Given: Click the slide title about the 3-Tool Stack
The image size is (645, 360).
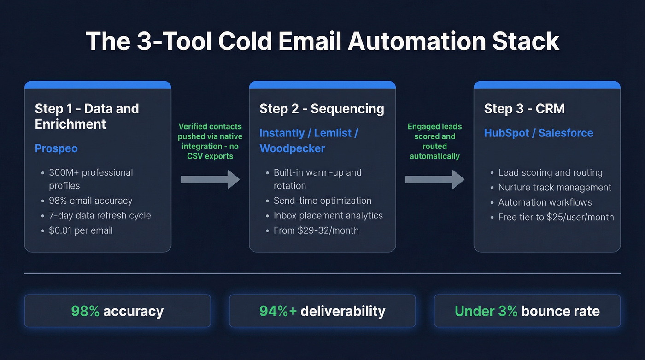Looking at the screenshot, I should point(322,41).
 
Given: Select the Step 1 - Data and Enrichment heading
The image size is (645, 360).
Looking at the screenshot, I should point(87,116).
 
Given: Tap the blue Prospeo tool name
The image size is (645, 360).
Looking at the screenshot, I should point(56,148).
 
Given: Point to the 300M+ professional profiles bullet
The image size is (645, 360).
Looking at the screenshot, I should point(91,179).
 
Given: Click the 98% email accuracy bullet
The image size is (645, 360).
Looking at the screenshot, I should point(90,201).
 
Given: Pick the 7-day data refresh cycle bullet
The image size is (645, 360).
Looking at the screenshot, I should point(100,215).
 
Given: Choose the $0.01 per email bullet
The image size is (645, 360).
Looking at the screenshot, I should point(81,230).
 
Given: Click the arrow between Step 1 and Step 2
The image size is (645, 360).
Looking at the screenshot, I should point(210,179).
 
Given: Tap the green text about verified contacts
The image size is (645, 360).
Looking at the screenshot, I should point(210,141).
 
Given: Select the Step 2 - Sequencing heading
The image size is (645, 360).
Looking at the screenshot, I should point(322,109).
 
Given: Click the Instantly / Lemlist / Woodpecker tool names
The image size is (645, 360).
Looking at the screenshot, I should point(309,141).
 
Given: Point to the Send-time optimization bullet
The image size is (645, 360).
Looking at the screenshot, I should point(322,201).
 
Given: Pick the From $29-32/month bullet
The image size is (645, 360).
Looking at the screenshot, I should point(316,230).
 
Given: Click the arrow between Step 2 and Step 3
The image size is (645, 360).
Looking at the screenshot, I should point(434,179).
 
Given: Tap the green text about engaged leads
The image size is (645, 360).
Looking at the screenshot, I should point(434,141).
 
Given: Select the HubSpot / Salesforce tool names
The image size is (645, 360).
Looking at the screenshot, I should point(538,133).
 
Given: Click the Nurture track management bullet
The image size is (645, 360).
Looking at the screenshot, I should point(555,188).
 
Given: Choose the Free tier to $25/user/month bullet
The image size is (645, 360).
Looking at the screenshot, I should point(556,217).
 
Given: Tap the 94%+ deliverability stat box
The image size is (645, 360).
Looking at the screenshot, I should point(322,311).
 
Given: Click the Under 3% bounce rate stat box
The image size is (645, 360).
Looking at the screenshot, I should point(527,311).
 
